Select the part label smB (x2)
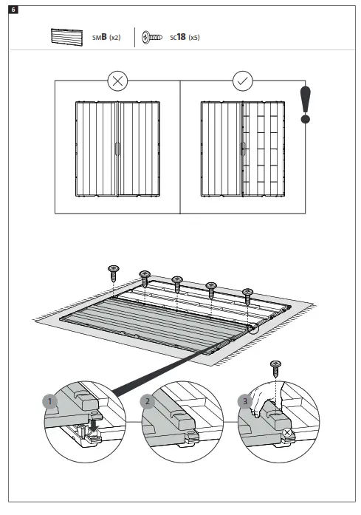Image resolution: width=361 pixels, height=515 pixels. click(x=106, y=38)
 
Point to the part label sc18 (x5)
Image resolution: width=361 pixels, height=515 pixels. click(x=185, y=38)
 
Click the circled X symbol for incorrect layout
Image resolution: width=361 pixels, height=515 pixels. click(x=117, y=81)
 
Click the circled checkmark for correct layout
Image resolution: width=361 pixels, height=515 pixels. click(x=243, y=81)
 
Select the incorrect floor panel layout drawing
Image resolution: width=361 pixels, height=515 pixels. click(x=117, y=148)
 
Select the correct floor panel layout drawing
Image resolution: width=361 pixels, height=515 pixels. click(x=242, y=148)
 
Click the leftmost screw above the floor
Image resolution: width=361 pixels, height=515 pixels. click(x=113, y=272)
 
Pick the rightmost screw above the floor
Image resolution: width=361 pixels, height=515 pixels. click(x=247, y=294)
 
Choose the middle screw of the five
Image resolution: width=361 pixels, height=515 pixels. click(x=177, y=282)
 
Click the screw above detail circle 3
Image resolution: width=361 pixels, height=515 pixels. click(x=276, y=366)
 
